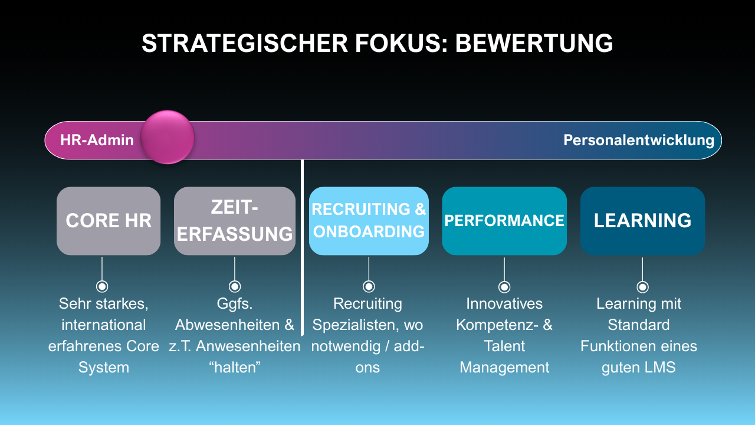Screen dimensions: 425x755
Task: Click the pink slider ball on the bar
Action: [x=168, y=137]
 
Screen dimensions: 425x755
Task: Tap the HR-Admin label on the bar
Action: [x=97, y=140]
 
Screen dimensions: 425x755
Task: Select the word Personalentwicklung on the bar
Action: [x=639, y=140]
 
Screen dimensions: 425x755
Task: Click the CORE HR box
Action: [x=109, y=221]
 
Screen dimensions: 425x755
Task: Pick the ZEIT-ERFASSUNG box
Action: [x=235, y=221]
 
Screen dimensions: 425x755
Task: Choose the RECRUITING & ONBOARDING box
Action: [x=369, y=221]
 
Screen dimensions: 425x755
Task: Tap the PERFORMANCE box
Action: [x=504, y=221]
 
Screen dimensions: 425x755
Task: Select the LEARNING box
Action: [x=642, y=221]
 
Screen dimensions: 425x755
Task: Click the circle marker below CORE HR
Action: [x=102, y=287]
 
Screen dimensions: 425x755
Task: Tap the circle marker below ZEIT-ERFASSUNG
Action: [x=235, y=287]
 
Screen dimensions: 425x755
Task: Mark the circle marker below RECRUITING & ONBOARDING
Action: [x=369, y=287]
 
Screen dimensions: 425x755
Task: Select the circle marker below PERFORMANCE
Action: [x=504, y=287]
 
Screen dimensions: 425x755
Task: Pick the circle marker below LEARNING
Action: [x=642, y=287]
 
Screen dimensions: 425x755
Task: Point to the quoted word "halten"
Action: [x=234, y=367]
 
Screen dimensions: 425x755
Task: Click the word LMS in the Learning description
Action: [x=660, y=367]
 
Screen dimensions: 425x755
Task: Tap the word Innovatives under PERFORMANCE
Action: [x=504, y=303]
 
